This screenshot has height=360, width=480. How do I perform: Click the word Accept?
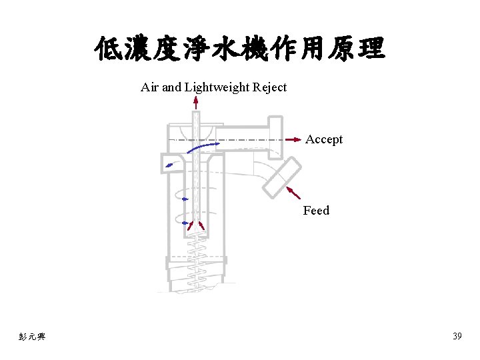pyautogui.click(x=324, y=139)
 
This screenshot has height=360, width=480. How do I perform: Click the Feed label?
pyautogui.click(x=316, y=211)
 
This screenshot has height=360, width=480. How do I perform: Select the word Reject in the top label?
pyautogui.click(x=270, y=87)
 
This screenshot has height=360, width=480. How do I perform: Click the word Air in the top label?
pyautogui.click(x=150, y=87)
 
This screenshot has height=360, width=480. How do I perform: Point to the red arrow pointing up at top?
pyautogui.click(x=195, y=102)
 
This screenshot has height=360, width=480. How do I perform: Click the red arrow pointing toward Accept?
pyautogui.click(x=293, y=139)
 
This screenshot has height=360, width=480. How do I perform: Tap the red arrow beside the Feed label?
pyautogui.click(x=293, y=193)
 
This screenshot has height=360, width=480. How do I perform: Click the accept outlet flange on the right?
pyautogui.click(x=274, y=137)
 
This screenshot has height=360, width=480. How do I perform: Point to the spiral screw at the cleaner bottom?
pyautogui.click(x=195, y=267)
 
